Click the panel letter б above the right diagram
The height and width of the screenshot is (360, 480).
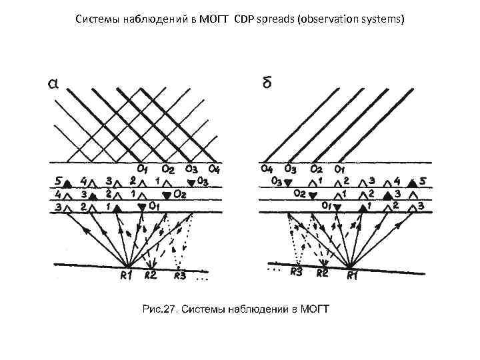point(266,83)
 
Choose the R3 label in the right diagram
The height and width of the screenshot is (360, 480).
point(295,271)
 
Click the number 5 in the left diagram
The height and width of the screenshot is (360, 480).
point(57,180)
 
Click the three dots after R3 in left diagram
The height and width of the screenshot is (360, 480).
point(202,279)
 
